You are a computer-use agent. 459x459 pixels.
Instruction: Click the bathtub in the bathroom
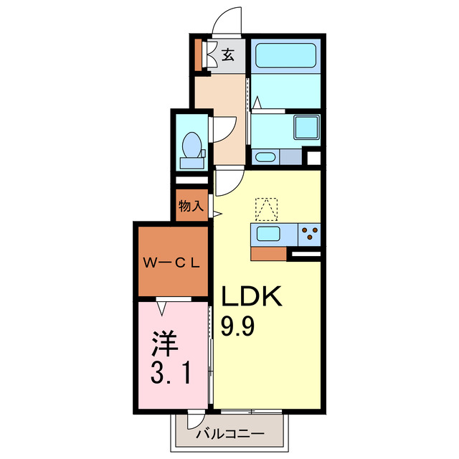click(x=285, y=56)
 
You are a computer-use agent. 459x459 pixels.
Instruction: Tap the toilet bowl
click(x=191, y=146)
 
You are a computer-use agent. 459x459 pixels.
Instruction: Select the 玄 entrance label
click(x=228, y=55)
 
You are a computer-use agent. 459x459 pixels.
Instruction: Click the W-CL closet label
click(x=171, y=263)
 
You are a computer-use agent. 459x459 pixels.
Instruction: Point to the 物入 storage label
click(x=191, y=206)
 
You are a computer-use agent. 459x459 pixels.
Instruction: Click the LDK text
click(x=252, y=296)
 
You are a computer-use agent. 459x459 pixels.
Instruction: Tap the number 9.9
click(x=237, y=326)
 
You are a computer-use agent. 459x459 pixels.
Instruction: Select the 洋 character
click(x=164, y=344)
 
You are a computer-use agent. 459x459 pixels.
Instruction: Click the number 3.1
click(x=171, y=373)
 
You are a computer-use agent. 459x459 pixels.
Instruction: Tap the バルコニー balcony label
click(x=230, y=433)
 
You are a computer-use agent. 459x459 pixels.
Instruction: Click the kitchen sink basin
click(x=268, y=234)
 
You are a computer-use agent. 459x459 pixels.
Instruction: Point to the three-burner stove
click(x=309, y=235)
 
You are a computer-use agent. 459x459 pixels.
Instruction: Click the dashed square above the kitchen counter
click(x=266, y=209)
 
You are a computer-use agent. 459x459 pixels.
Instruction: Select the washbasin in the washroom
click(x=265, y=157)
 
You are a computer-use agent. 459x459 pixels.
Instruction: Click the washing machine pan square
click(x=306, y=128)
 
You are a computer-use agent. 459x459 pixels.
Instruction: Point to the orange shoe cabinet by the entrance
click(x=198, y=55)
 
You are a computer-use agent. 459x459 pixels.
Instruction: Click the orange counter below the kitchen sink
click(x=268, y=253)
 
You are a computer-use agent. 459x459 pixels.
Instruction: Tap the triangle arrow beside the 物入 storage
click(x=217, y=214)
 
